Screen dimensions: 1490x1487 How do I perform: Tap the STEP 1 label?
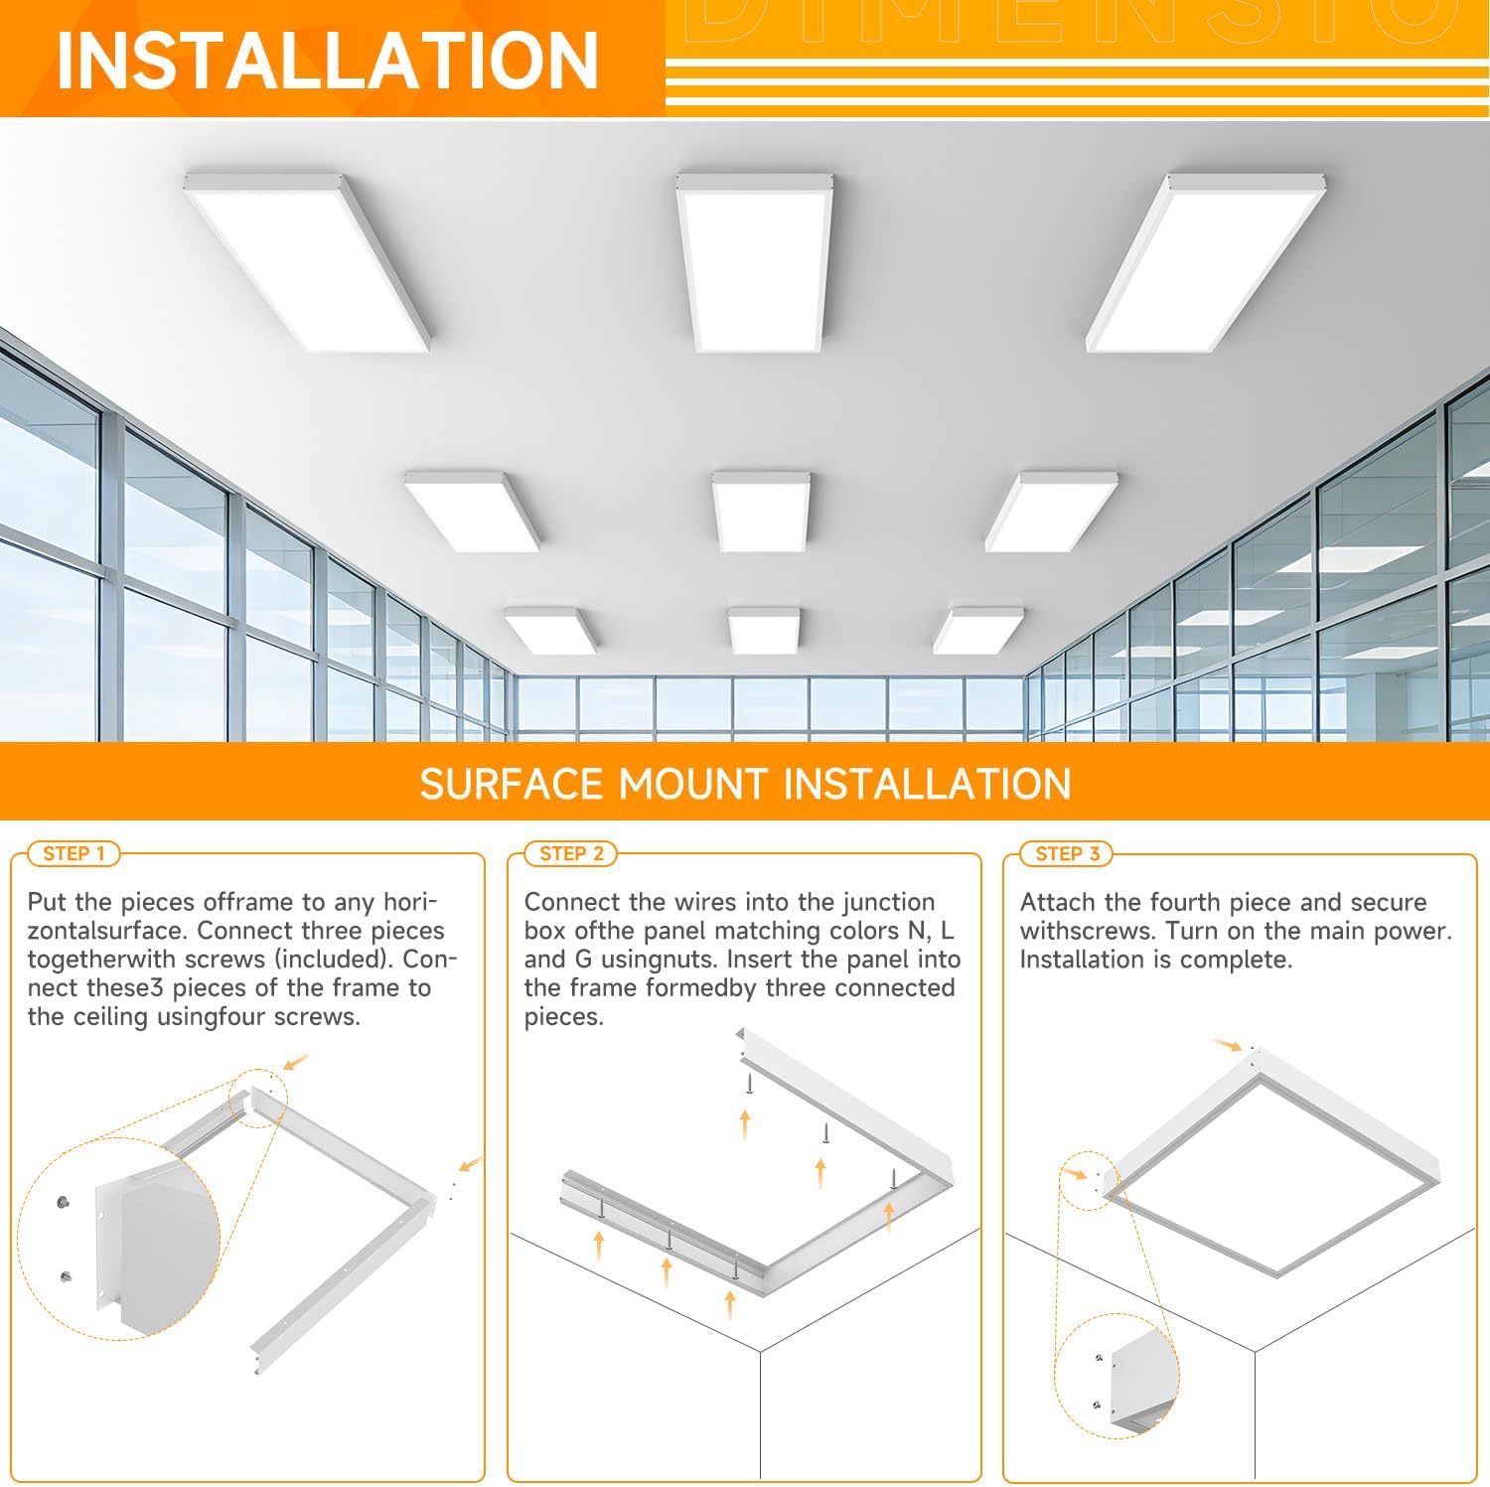[74, 853]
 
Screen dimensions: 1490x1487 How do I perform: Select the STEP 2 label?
[571, 853]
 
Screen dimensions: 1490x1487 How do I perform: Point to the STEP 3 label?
[1067, 853]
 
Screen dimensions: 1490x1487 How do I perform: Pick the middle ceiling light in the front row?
[753, 261]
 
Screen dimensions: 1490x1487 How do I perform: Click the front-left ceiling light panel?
[307, 261]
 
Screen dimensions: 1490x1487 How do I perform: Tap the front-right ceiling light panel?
[1205, 261]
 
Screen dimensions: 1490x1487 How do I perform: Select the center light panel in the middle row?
[761, 510]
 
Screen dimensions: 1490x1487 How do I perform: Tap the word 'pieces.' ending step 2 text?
[564, 1018]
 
